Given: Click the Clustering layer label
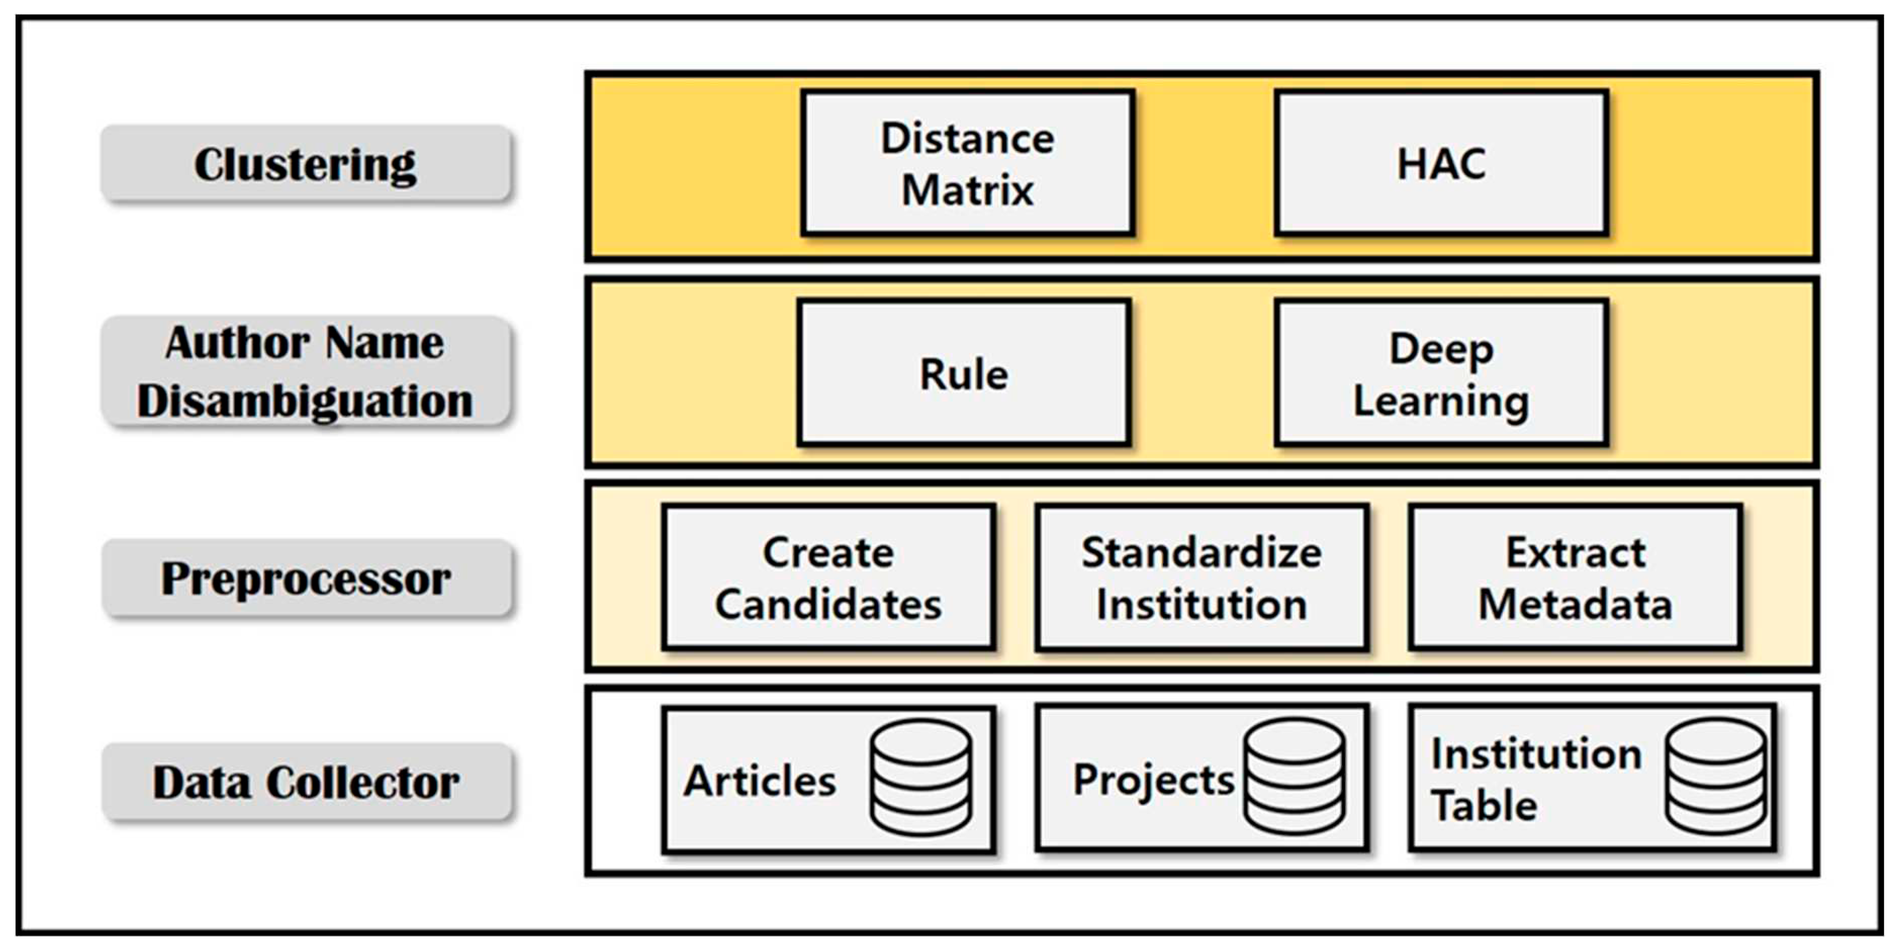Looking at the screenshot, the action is click(306, 163).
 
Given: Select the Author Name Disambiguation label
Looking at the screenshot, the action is click(306, 371).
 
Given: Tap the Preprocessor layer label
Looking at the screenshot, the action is click(306, 578).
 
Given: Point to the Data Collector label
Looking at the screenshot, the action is click(306, 781).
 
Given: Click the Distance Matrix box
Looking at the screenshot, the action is click(967, 163).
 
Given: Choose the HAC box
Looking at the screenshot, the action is click(1441, 163).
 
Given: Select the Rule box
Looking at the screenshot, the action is click(964, 372).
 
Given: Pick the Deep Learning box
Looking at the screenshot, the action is click(1441, 372).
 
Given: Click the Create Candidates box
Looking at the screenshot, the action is click(828, 577).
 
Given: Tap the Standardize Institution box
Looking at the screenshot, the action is click(1202, 577).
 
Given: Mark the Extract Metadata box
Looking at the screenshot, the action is click(1575, 577).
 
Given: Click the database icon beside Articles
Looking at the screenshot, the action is click(920, 778).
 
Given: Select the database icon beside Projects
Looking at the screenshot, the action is click(1294, 776).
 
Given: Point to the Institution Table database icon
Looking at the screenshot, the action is click(1716, 776).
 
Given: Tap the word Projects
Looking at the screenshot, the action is click(1153, 781).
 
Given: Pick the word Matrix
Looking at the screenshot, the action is click(967, 190).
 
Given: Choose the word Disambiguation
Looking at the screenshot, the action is click(305, 402).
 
